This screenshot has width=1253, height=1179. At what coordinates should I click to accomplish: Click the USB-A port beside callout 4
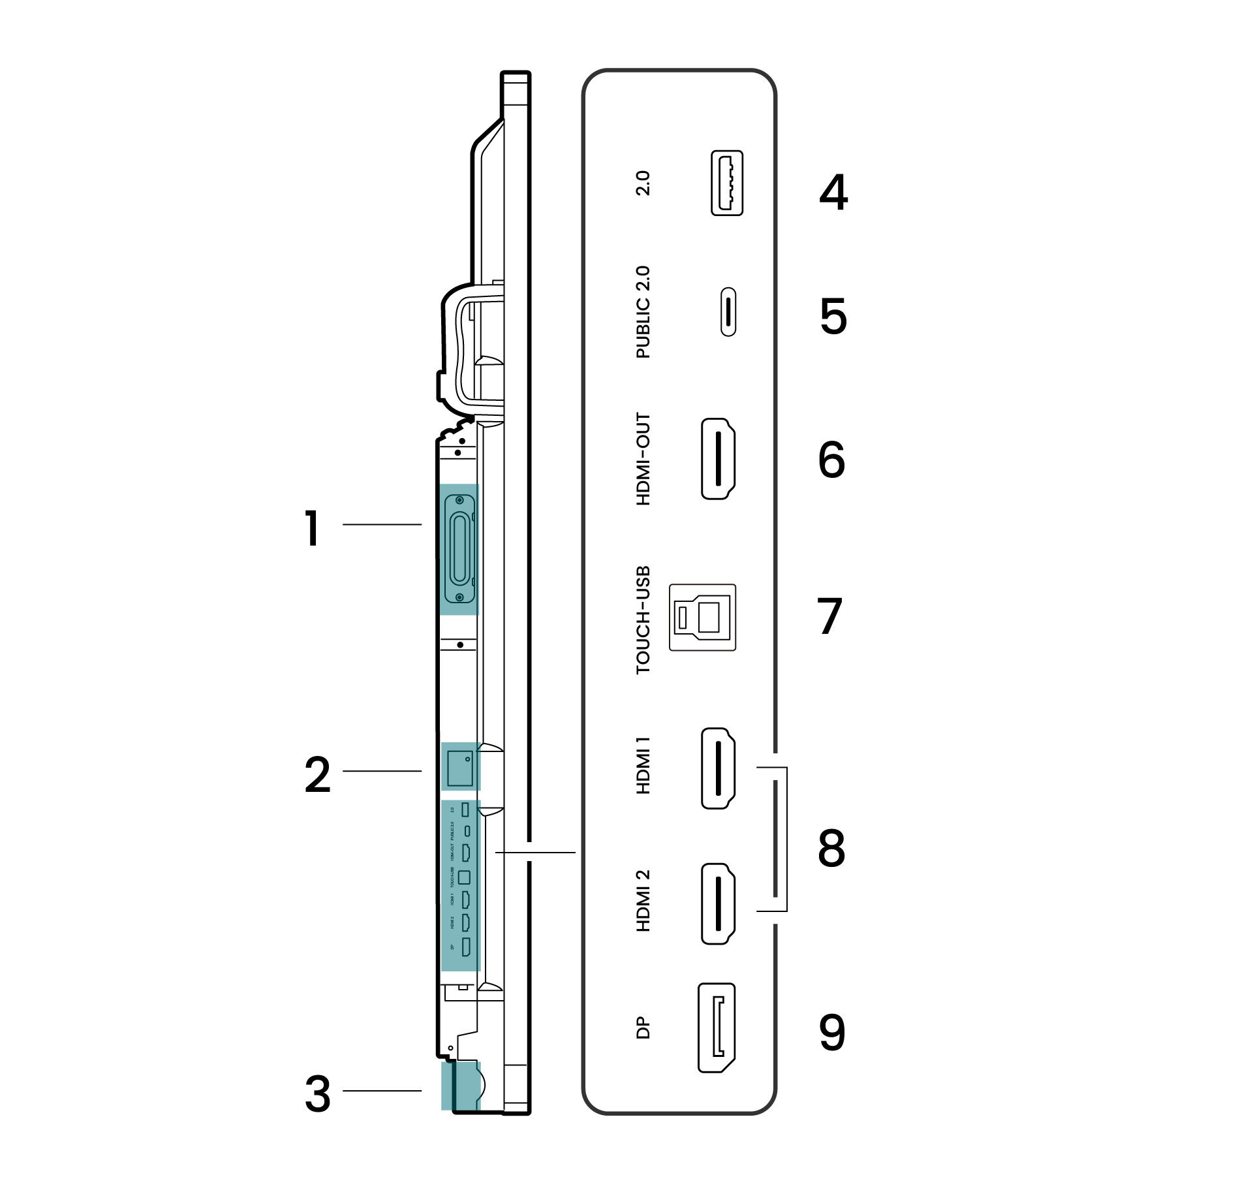(726, 183)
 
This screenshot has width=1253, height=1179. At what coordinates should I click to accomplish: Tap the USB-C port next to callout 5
(728, 311)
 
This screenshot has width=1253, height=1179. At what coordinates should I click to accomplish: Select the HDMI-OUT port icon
(718, 459)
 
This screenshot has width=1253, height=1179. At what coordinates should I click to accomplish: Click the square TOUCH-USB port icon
(702, 617)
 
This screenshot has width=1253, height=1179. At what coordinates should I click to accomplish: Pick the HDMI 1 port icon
(718, 768)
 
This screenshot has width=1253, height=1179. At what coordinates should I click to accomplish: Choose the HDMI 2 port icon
(718, 904)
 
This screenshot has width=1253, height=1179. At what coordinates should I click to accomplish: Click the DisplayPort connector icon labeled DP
(717, 1028)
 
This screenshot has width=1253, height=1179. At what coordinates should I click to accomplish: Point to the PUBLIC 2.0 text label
(643, 312)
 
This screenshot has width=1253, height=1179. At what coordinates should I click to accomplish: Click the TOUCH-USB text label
(643, 620)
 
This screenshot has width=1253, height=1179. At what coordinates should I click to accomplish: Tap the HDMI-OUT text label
(643, 459)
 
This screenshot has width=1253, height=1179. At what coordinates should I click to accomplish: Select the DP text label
(643, 1028)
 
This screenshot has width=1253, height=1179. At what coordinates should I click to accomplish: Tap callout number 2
(318, 775)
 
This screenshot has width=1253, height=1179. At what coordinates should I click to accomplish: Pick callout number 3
(318, 1094)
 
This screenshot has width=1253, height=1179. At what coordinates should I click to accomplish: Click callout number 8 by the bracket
(831, 849)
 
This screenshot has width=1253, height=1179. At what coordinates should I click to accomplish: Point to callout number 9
(831, 1033)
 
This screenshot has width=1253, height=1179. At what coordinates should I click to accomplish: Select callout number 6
(831, 460)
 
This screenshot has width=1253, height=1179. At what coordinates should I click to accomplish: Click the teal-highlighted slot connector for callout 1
(459, 549)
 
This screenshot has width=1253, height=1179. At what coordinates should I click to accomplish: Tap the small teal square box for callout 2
(460, 768)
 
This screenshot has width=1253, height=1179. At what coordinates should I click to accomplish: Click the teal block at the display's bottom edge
(460, 1086)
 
